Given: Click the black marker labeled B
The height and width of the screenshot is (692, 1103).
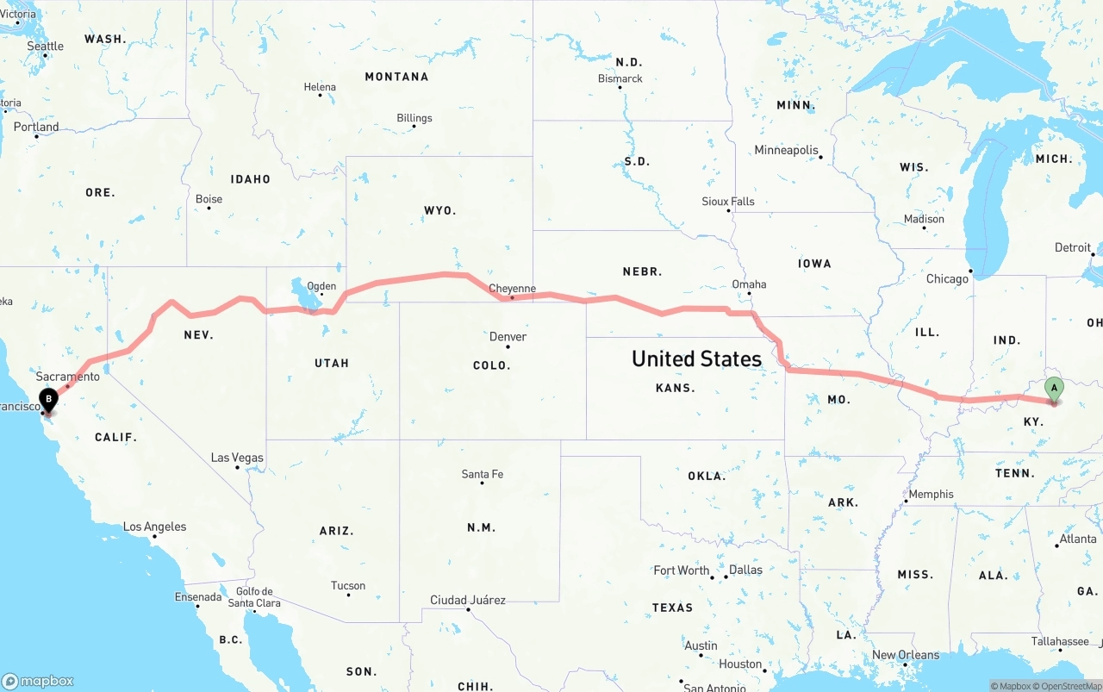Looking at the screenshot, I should pos(49,399).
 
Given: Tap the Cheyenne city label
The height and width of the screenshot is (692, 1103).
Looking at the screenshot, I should pos(512,289).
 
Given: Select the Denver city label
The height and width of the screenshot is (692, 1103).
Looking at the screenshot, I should pos(508,336).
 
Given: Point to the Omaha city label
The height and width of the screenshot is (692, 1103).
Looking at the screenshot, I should pos(749,284).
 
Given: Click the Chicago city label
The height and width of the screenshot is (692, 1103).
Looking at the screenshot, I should pos(947,279).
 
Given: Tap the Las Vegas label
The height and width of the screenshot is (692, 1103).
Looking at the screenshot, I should pos(238,458).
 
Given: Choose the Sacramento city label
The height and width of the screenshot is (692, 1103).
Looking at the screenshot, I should pos(68,377).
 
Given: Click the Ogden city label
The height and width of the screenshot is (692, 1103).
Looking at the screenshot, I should pos(321,286).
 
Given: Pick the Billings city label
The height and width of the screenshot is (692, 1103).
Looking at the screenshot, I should pos(414,118).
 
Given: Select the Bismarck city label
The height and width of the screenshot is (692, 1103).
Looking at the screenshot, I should pos(620,78).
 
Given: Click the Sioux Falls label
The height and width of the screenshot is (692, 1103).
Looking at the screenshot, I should pos(728,202).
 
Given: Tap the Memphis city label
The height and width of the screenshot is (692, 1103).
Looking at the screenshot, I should pos(932,494).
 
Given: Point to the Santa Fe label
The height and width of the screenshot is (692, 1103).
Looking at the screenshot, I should pos(482,474).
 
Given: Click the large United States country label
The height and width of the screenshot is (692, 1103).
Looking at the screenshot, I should pos(696,358).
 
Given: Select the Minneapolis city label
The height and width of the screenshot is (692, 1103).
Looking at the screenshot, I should pos(787,150).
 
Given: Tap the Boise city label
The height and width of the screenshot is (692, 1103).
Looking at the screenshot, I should pos(209,199).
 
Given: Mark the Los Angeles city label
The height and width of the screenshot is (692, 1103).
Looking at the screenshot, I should pos(154,527).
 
